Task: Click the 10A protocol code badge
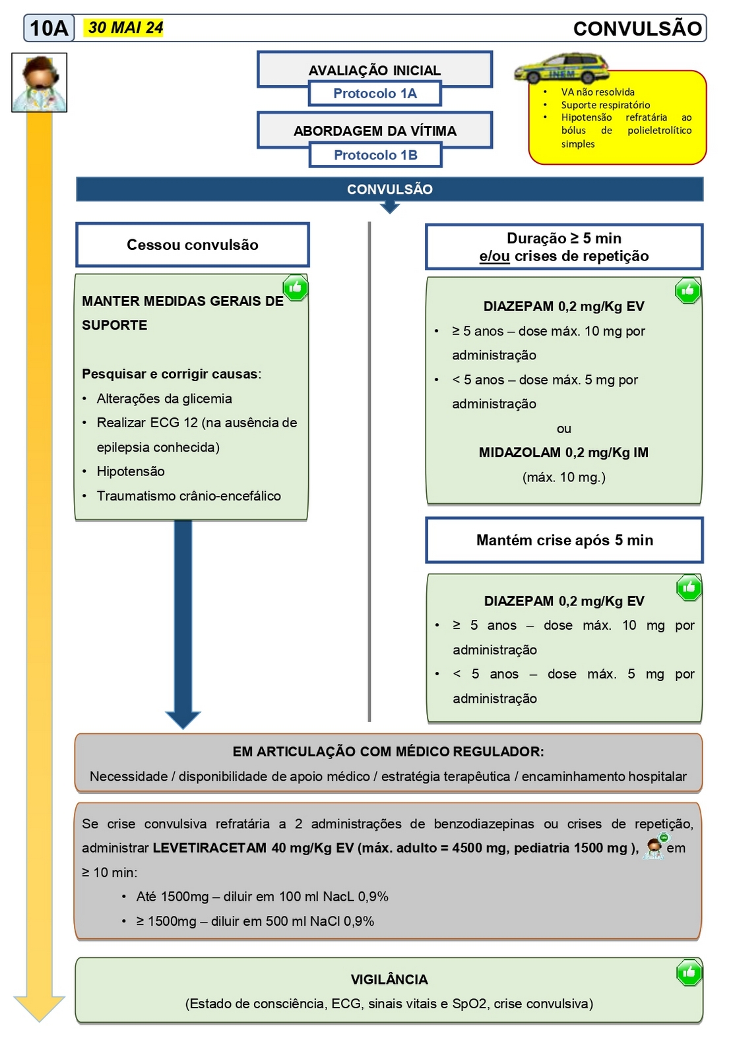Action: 49,28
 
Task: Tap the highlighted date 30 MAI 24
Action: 125,28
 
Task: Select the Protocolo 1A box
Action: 375,94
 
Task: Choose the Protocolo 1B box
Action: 375,155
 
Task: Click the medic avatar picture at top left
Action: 40,82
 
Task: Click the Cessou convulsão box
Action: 193,245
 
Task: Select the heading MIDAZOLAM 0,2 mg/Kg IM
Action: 563,452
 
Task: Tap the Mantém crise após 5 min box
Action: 564,540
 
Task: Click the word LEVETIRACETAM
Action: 209,848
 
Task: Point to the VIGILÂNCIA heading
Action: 389,979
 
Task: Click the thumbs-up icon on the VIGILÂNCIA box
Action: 689,972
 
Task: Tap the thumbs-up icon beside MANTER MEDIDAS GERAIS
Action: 295,287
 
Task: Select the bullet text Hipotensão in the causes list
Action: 131,471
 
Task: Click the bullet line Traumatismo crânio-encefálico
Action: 189,496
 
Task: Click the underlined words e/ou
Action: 494,256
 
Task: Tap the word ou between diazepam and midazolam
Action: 563,429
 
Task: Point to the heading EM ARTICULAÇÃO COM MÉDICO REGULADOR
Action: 388,752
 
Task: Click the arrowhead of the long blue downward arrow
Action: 183,719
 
